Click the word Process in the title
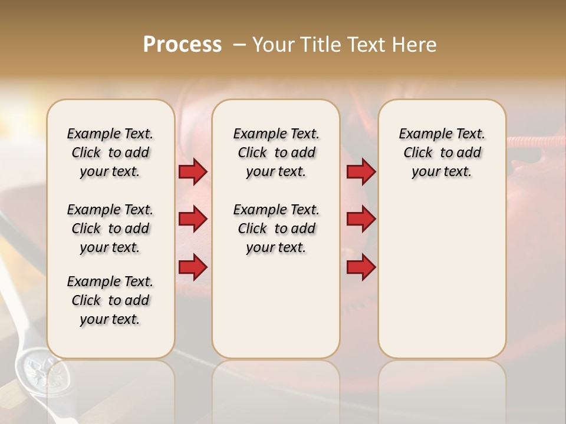click(x=182, y=45)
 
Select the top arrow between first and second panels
click(x=193, y=172)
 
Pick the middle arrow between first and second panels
click(x=193, y=220)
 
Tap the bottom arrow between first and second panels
click(x=193, y=267)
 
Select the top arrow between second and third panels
click(x=361, y=172)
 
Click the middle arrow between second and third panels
click(x=361, y=220)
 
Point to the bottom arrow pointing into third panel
click(x=361, y=267)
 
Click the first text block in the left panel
click(x=110, y=153)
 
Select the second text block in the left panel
click(x=110, y=228)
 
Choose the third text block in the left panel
click(x=110, y=300)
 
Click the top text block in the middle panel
click(x=276, y=153)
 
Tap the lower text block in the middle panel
click(x=276, y=228)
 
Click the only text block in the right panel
click(x=442, y=153)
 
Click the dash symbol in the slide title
click(x=239, y=45)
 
